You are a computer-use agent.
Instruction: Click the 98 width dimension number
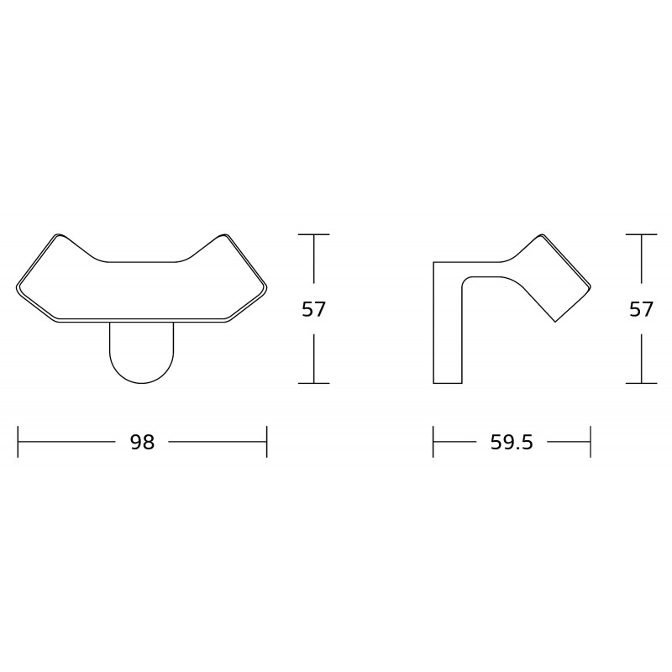142,442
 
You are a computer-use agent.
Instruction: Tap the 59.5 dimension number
512,442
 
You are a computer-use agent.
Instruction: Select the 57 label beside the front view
313,309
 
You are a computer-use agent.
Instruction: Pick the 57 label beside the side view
641,309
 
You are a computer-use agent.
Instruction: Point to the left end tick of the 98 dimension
18,442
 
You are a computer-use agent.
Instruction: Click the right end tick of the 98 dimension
266,442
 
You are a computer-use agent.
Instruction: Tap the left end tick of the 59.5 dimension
433,442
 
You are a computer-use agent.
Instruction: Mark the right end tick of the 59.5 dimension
591,442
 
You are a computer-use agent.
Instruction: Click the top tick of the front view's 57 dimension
313,234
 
